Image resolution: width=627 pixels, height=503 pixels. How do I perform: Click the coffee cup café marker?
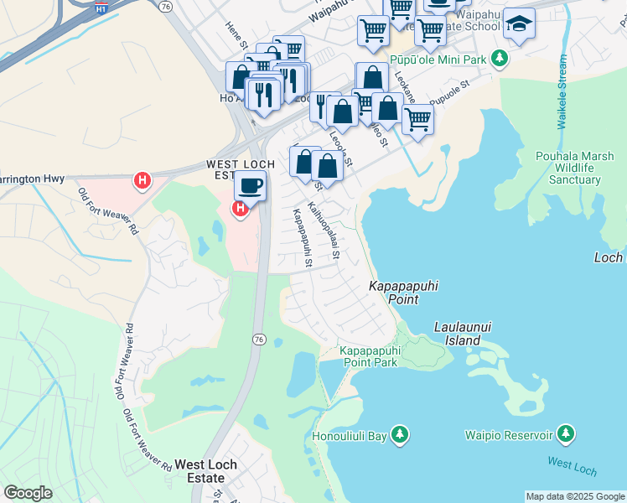point(250,184)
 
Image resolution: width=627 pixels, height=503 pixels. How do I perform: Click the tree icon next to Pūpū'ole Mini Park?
point(500,58)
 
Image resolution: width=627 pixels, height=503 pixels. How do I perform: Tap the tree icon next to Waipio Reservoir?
point(567,433)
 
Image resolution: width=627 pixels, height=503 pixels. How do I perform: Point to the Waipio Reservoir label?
point(509,435)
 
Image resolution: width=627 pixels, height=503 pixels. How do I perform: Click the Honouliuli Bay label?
point(349,436)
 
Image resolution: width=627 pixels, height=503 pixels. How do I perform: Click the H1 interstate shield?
point(101,10)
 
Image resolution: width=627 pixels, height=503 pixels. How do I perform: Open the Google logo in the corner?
point(28,492)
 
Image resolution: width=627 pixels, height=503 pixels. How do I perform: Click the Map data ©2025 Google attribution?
point(575,496)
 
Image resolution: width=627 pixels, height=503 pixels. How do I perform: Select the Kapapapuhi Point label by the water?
point(404,293)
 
